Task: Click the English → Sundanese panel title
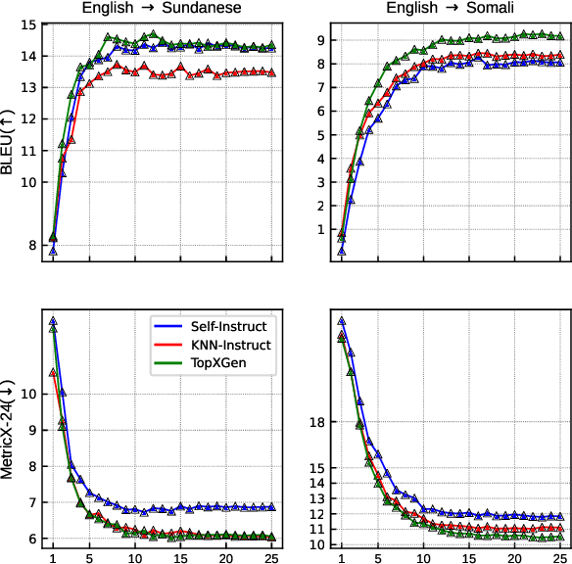pos(162,8)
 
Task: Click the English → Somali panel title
pos(451,8)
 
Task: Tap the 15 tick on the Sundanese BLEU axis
pos(28,24)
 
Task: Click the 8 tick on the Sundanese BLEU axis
pos(32,245)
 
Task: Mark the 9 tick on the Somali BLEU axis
pos(321,40)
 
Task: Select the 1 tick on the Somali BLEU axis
pos(321,229)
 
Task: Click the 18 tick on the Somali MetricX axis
pos(317,422)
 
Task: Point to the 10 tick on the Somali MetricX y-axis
pos(317,544)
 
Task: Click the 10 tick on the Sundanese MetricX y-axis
pos(28,394)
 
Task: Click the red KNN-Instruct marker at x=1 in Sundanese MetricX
pos(53,372)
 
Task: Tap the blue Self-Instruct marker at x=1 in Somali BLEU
pos(342,250)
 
